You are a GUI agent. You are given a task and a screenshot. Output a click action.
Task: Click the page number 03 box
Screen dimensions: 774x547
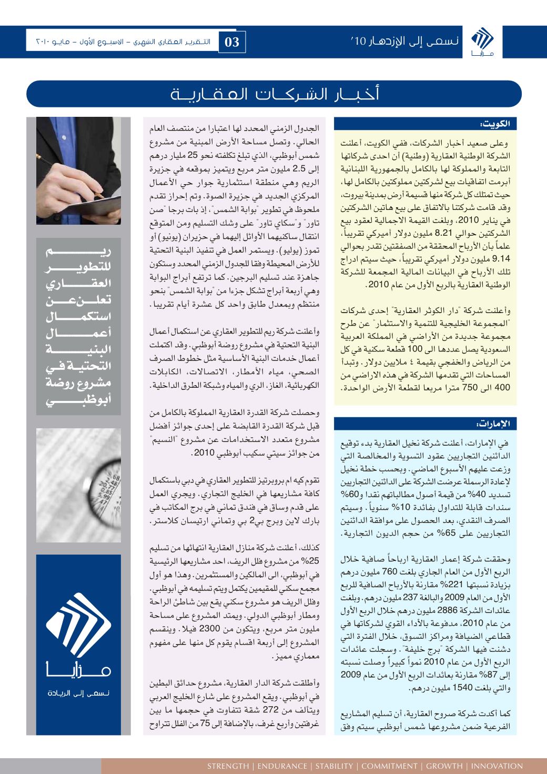(232, 42)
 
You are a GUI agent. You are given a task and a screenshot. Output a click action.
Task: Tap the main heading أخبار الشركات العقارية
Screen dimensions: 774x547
(273, 95)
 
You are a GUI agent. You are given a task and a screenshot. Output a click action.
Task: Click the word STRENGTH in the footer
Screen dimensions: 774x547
(228, 766)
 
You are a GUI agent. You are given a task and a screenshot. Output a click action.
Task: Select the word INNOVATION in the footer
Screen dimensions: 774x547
(497, 766)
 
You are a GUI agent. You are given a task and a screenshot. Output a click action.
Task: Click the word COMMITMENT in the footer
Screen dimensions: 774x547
(389, 766)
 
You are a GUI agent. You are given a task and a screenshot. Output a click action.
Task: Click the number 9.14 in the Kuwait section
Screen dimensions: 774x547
(503, 258)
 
